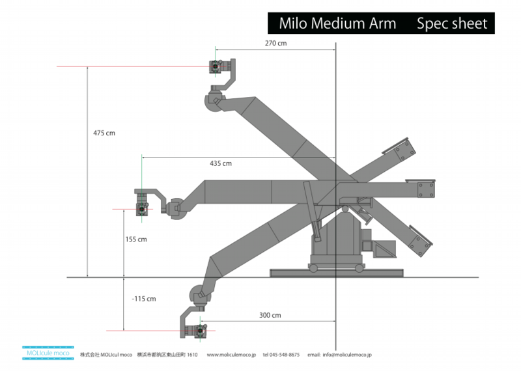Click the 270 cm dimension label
coord(275,43)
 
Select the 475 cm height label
coord(104,133)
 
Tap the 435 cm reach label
coord(220,163)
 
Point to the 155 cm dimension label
coord(136,240)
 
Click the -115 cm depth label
coord(143,299)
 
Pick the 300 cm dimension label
coord(270,316)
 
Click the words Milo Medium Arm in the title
coord(337,23)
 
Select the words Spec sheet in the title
coord(451,23)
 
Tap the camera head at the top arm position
coord(215,66)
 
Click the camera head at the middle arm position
coord(142,209)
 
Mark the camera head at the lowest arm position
coord(197,331)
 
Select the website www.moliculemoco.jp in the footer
coord(231,355)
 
